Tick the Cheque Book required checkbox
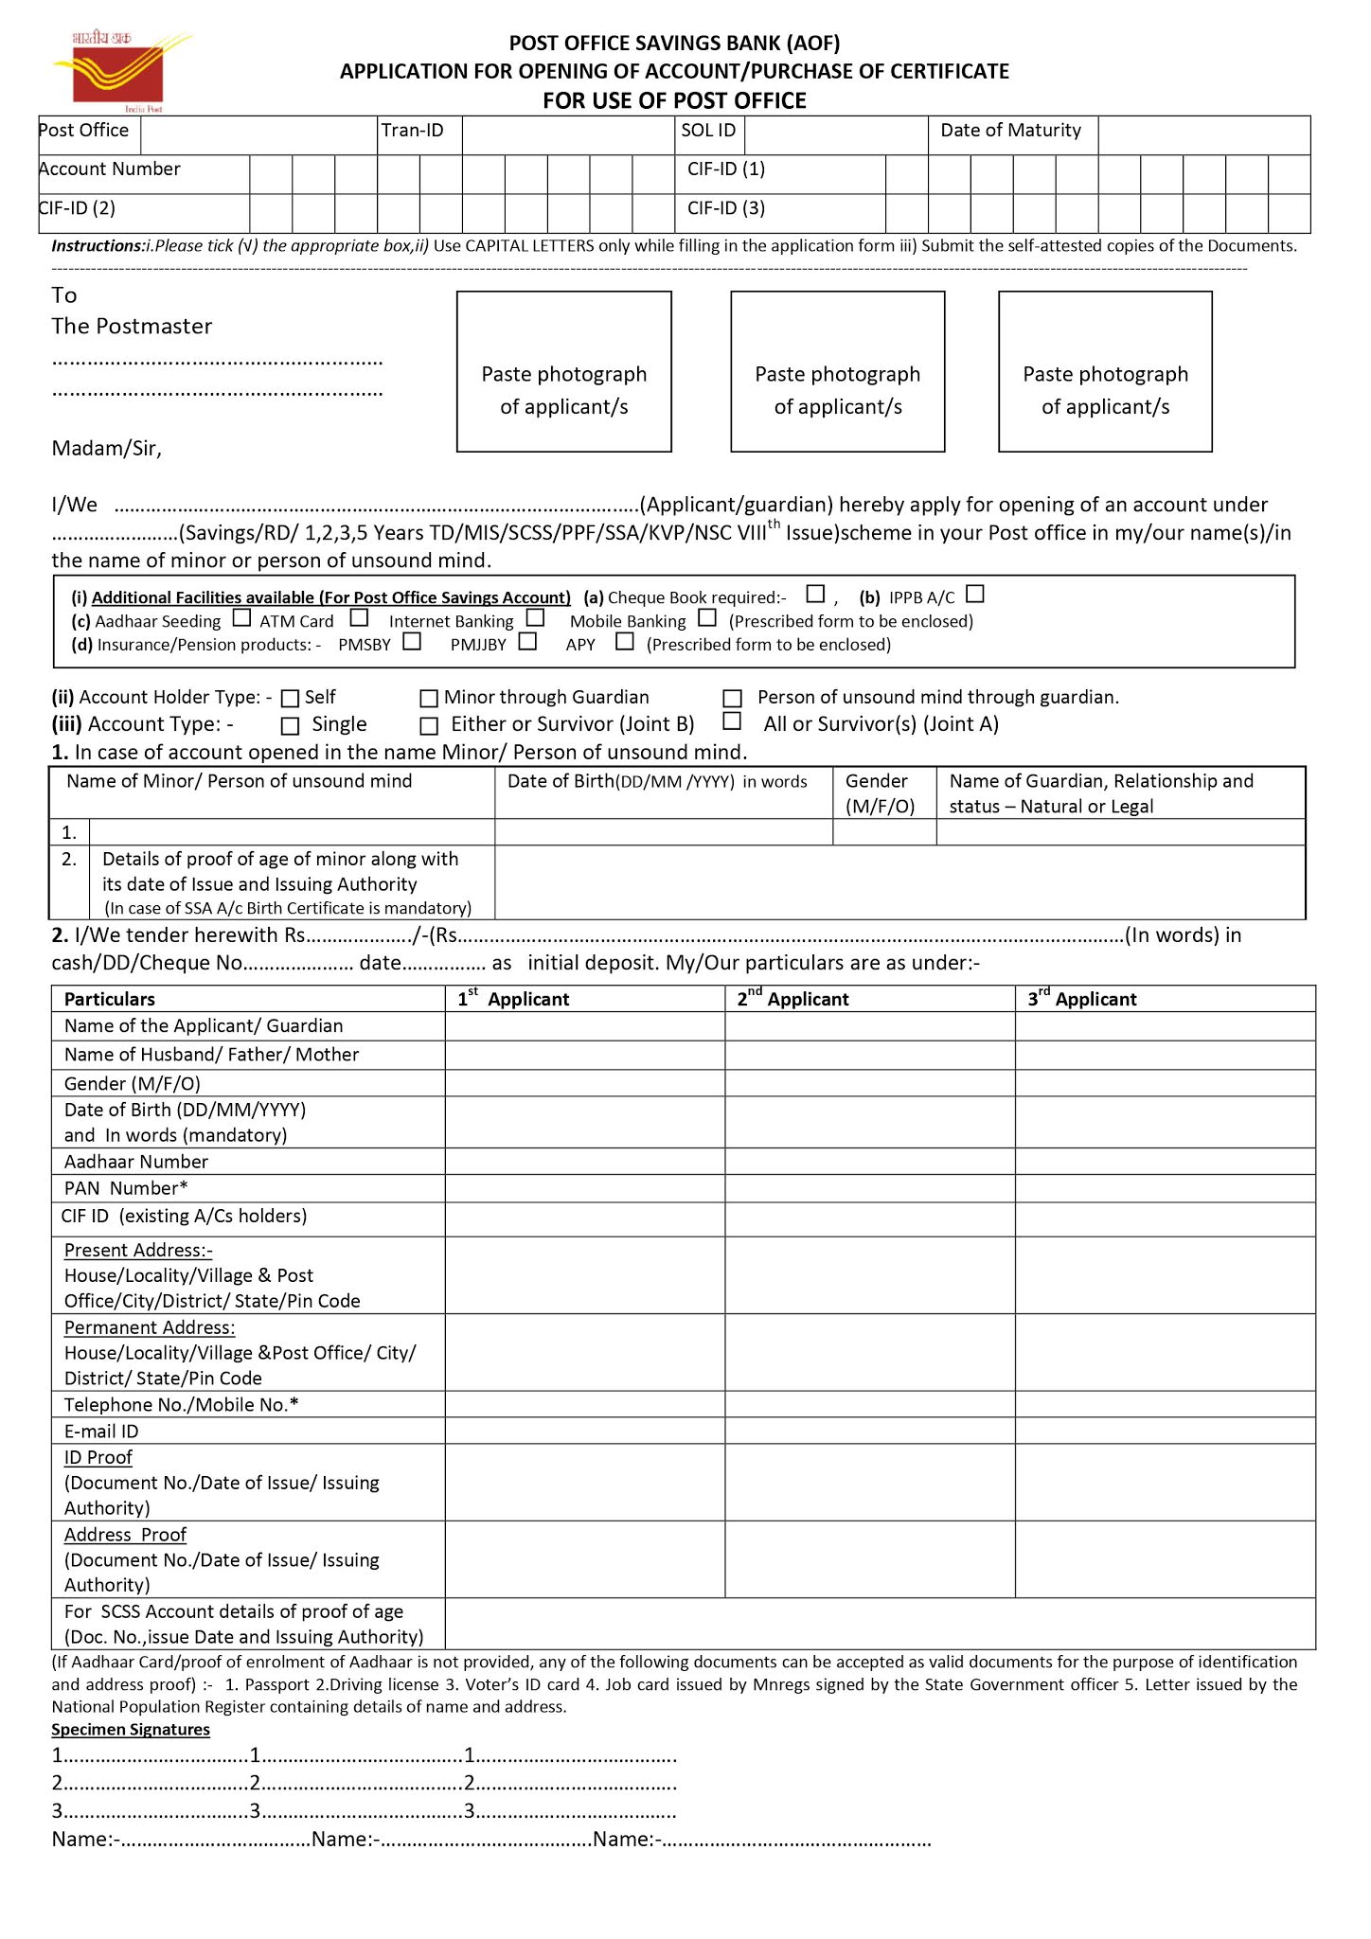tap(815, 595)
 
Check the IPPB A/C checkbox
tap(975, 595)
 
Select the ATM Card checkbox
tap(359, 618)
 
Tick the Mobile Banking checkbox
tap(707, 618)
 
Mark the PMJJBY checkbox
tap(528, 642)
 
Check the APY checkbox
tap(625, 642)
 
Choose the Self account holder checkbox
tap(291, 699)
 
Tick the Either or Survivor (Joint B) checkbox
tap(429, 726)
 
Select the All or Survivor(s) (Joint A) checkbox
tap(732, 721)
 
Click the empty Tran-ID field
tap(567, 134)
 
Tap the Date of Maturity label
tap(1010, 131)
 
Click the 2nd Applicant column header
tap(792, 999)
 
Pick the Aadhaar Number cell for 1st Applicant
tap(584, 1162)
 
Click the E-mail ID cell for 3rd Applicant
tap(1165, 1431)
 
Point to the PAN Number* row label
tap(126, 1188)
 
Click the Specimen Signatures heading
tap(131, 1730)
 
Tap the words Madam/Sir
tap(106, 449)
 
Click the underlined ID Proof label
tap(98, 1457)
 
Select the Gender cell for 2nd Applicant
tap(869, 1083)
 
